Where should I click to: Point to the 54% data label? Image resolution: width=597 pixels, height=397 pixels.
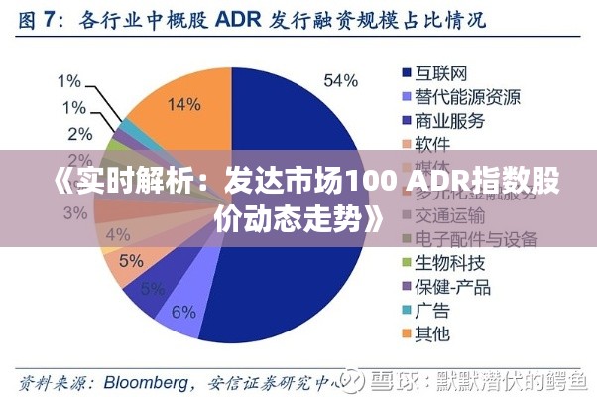(x=340, y=80)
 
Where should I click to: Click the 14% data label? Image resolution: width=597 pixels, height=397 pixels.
(x=182, y=103)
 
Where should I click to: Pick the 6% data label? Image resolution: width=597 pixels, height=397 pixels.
(x=183, y=311)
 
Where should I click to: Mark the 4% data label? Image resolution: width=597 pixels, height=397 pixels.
(x=117, y=235)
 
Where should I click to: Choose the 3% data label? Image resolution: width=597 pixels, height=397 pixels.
(x=74, y=212)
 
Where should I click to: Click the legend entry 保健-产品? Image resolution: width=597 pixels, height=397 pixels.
(x=447, y=286)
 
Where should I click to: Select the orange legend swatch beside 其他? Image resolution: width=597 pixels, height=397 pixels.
(x=406, y=333)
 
